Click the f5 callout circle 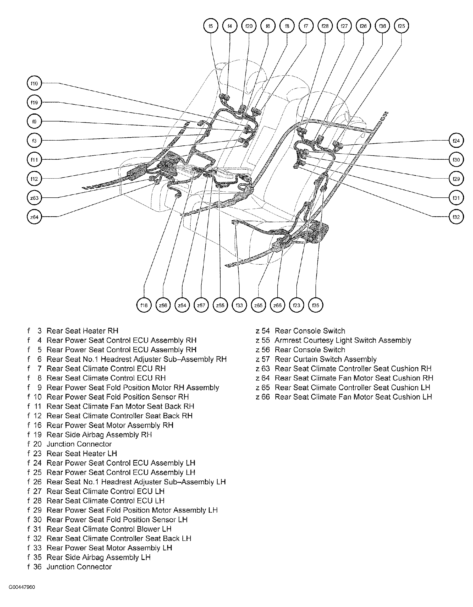[x=211, y=26]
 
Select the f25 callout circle [x=401, y=26]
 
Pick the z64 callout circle [x=34, y=217]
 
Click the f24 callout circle [x=456, y=141]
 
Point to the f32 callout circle [x=456, y=217]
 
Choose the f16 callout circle [x=144, y=305]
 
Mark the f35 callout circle [x=315, y=305]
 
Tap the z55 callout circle [x=220, y=305]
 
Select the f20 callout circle [x=249, y=26]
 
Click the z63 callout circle [x=34, y=198]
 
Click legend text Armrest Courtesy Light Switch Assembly [x=343, y=340]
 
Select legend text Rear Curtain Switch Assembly [x=325, y=359]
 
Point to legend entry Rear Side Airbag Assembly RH [x=99, y=435]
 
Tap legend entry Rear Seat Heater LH [x=82, y=454]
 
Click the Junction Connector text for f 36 [x=79, y=567]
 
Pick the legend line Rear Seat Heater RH [x=82, y=331]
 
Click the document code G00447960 [x=22, y=587]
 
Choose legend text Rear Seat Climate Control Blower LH [x=109, y=529]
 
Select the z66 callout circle [x=277, y=305]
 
